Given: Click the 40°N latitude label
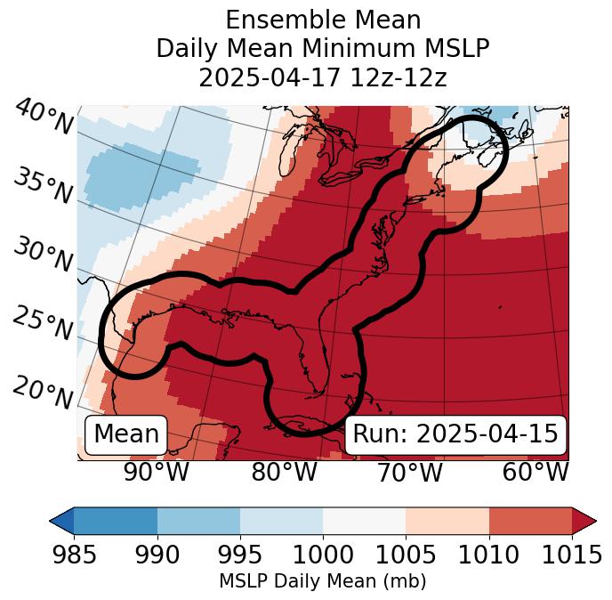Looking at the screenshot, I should pos(44,118).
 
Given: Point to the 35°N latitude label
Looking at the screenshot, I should pos(42,186).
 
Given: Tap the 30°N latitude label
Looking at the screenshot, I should pos(42,255).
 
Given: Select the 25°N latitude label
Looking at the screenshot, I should pos(42,324).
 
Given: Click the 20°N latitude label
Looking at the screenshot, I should pos(42,391).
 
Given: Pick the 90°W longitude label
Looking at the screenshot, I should pos(157,472).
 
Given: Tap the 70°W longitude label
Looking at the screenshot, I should pos(410,472).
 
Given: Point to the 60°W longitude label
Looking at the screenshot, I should pos(535,472).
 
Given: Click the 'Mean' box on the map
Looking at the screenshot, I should pos(126,434).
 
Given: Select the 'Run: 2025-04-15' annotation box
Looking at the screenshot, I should pos(455,434).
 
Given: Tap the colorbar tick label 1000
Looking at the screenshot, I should pos(323,555).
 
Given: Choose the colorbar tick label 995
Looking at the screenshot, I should pos(240,555).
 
